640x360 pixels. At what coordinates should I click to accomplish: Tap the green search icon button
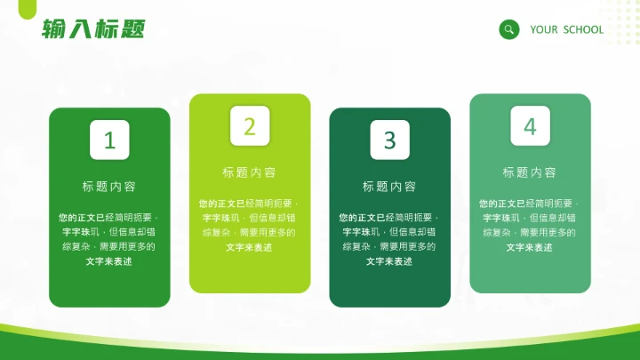[x=509, y=29]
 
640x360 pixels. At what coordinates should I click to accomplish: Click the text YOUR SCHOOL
[x=566, y=29]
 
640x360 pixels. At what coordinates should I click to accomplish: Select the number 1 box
[x=109, y=140]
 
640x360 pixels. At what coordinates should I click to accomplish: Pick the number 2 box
[x=250, y=126]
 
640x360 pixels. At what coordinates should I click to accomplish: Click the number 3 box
[x=389, y=140]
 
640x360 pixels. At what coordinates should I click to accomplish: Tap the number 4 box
[x=530, y=126]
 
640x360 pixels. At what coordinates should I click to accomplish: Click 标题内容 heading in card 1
[x=109, y=187]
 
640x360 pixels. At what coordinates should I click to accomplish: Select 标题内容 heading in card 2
[x=250, y=172]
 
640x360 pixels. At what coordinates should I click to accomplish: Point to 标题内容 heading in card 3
[x=389, y=187]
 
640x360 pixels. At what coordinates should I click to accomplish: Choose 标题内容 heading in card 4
[x=530, y=172]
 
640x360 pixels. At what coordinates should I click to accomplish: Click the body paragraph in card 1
[x=109, y=239]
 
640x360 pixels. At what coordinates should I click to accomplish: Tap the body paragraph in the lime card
[x=250, y=225]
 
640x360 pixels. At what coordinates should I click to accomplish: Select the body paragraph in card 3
[x=389, y=239]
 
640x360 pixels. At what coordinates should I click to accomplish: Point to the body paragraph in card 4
[x=530, y=225]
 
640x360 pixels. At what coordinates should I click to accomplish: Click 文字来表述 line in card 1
[x=109, y=261]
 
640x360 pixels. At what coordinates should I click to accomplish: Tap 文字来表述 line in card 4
[x=530, y=247]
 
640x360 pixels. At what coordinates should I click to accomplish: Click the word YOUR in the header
[x=544, y=29]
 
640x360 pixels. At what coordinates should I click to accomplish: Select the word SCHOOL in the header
[x=583, y=29]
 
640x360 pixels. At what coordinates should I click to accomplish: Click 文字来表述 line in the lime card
[x=250, y=247]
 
